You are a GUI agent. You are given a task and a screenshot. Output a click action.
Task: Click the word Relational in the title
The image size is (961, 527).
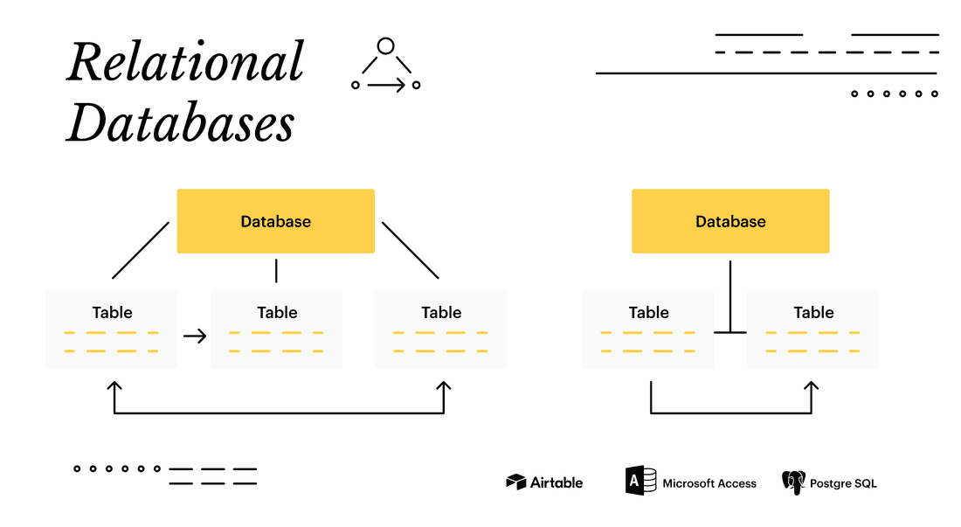tap(185, 63)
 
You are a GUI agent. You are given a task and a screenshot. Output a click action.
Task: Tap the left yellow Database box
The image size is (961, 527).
tap(276, 221)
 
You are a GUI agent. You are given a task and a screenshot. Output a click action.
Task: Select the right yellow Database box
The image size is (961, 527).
tap(730, 221)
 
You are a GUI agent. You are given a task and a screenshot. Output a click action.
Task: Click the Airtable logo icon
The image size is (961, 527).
tap(516, 482)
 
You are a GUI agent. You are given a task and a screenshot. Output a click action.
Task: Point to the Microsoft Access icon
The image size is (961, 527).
tap(640, 482)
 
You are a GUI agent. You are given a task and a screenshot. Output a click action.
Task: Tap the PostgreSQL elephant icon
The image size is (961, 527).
tap(793, 482)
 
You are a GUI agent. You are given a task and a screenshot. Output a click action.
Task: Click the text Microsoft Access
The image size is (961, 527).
tap(709, 483)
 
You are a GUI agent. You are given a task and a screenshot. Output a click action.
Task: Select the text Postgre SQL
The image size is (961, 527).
tap(843, 483)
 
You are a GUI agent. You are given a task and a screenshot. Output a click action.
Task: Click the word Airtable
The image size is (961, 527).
tap(557, 482)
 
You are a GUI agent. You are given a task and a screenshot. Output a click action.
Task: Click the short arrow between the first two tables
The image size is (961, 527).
tap(195, 336)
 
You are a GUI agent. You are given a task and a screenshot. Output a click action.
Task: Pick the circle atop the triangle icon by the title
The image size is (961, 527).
tap(386, 46)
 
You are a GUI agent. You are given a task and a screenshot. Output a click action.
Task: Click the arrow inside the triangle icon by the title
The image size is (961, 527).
tap(386, 85)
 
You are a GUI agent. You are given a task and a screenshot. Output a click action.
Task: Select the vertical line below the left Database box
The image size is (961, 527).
tap(276, 270)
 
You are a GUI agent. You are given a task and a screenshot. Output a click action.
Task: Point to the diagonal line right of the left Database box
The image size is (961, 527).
tap(411, 250)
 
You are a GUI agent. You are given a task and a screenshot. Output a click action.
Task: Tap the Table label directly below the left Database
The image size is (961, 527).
tap(277, 313)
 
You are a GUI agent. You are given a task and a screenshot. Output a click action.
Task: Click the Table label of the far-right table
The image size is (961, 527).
tap(813, 313)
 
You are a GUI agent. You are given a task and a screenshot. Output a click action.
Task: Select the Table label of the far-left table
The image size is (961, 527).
tap(113, 313)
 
